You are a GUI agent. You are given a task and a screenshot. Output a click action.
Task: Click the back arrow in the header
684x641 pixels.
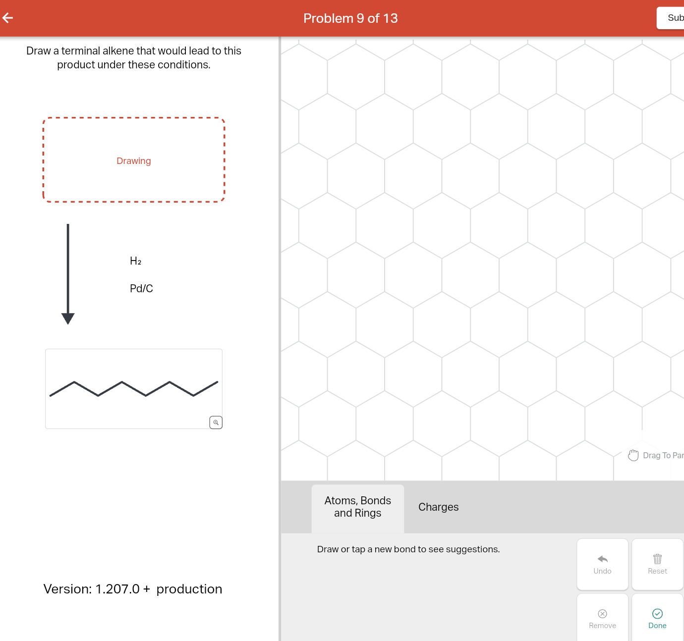coord(8,18)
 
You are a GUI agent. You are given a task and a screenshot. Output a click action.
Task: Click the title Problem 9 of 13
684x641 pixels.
coord(350,18)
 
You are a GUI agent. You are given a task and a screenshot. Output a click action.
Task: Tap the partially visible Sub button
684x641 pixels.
coord(672,18)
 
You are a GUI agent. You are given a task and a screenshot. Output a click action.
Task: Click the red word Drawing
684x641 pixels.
coord(133,161)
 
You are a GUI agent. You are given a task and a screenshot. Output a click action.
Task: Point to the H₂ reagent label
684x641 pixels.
coord(135,261)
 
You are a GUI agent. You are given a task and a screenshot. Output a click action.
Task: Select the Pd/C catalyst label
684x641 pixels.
coord(141,288)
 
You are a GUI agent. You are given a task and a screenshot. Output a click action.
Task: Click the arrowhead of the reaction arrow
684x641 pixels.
coord(68,319)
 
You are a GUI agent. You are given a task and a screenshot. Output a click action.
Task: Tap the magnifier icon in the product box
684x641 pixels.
coord(216,423)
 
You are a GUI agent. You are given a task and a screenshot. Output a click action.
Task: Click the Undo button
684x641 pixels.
coord(602,564)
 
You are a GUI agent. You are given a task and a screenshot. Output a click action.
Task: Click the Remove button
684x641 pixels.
coord(602,619)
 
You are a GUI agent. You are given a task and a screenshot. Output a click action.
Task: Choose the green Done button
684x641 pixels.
coord(657,619)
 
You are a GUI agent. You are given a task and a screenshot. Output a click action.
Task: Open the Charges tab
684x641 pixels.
coord(438,507)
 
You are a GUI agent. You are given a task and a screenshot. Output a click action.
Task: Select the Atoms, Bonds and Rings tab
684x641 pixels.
coord(357,507)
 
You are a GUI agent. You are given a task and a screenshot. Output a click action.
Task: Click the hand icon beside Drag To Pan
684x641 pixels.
coord(633,455)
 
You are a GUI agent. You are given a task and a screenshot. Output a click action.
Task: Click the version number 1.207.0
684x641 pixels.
coord(117,589)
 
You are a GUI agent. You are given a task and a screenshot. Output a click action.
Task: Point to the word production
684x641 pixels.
coord(189,589)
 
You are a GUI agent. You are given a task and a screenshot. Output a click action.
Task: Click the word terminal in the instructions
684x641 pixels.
coord(80,51)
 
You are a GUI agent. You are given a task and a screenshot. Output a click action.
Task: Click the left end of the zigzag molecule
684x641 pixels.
coord(51,395)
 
